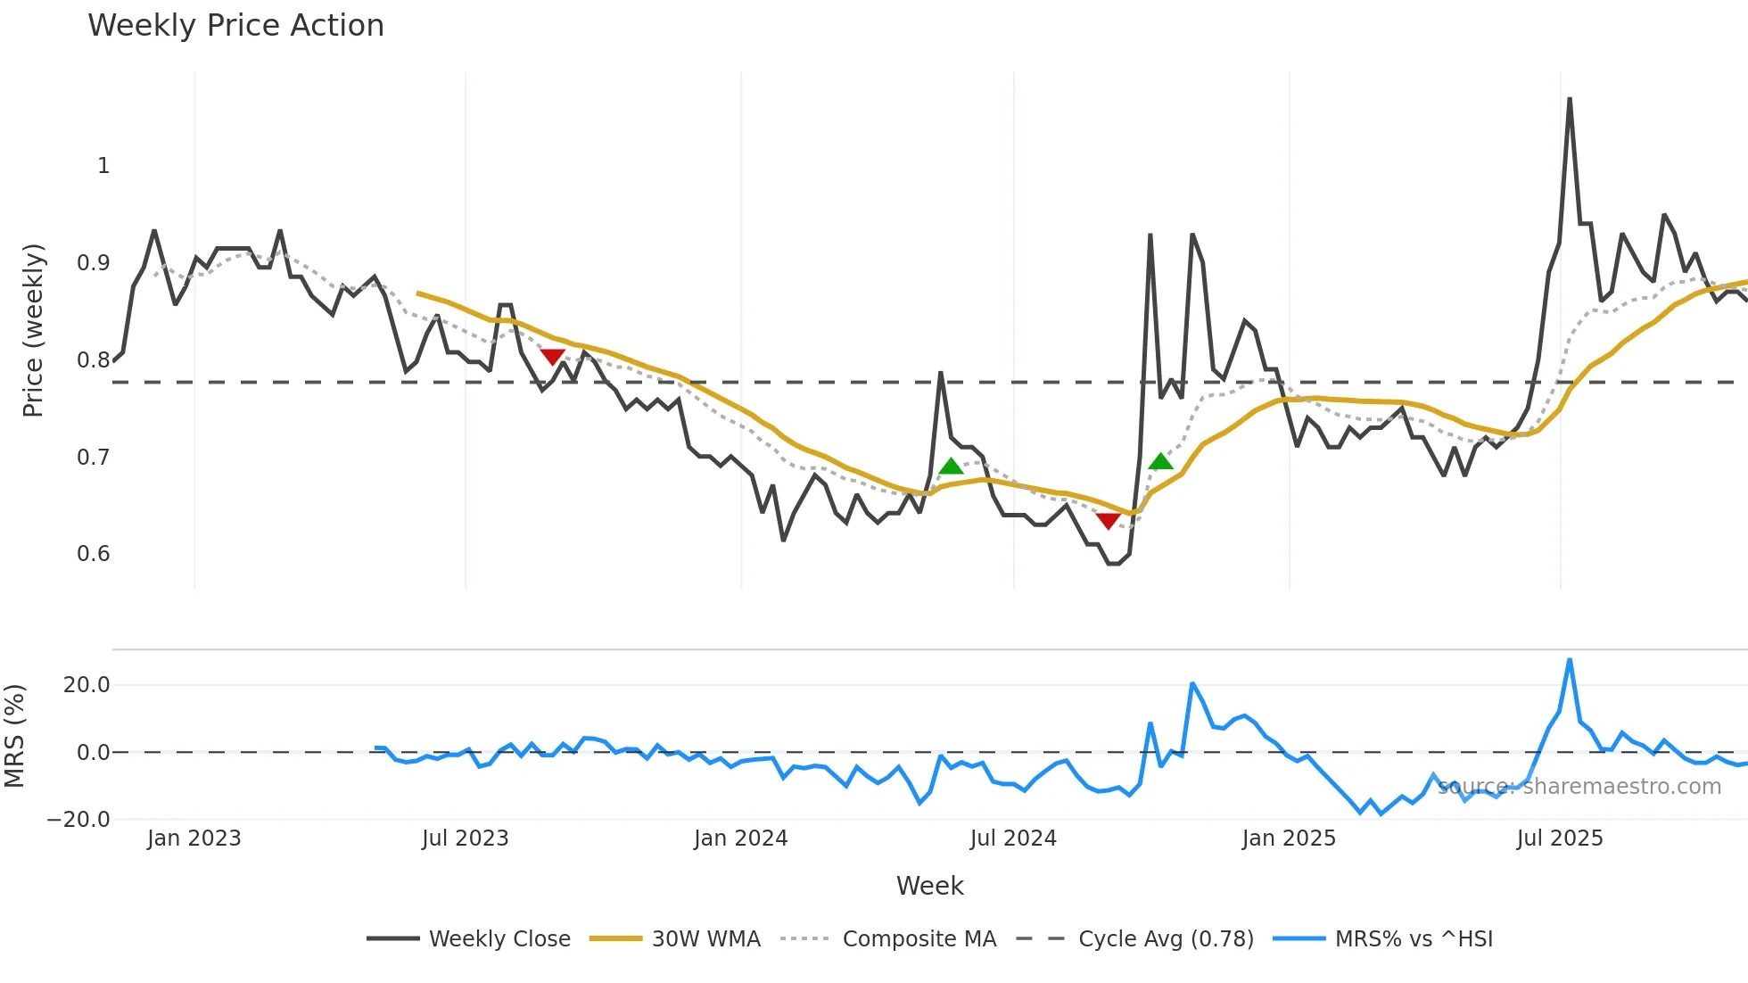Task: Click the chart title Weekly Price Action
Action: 235,26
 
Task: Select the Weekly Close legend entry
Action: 499,938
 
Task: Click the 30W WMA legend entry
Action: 705,938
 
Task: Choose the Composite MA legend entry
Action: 919,938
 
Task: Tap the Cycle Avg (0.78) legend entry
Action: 1166,938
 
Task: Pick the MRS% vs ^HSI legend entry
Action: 1414,938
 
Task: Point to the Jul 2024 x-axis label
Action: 1013,838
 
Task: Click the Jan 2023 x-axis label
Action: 194,838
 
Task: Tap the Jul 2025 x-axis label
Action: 1560,838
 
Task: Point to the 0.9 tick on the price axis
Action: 93,263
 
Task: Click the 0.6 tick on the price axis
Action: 93,554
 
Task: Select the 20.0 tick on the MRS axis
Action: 87,685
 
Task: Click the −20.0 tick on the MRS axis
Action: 78,820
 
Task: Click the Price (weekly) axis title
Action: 33,330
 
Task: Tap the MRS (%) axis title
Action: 14,736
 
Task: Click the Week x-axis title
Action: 929,886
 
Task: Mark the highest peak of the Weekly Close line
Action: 1570,99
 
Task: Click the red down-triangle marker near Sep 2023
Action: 553,357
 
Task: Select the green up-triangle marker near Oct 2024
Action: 1160,461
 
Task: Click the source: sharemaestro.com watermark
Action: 1579,787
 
